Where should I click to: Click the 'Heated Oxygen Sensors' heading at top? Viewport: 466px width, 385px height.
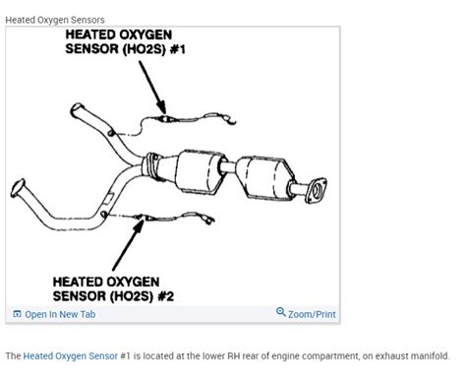tap(55, 19)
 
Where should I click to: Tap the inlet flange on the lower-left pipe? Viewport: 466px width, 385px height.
tap(17, 192)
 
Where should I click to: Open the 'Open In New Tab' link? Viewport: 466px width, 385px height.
tap(59, 314)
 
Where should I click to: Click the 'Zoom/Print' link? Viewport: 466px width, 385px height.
tap(312, 314)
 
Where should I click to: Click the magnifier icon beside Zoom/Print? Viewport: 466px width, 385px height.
tap(281, 313)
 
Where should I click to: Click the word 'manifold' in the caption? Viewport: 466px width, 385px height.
tap(428, 356)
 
